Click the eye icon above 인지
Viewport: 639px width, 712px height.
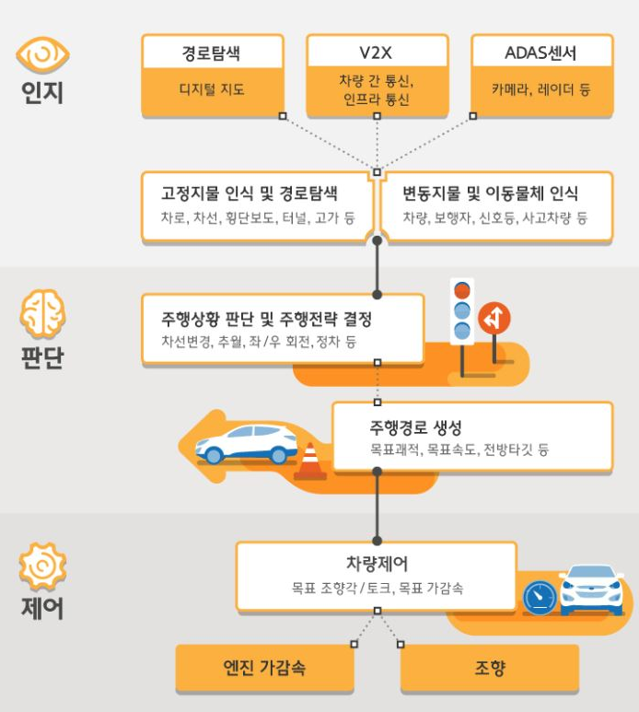[x=42, y=55]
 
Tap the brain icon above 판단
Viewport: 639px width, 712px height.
[x=42, y=314]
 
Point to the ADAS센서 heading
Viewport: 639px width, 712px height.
[x=541, y=53]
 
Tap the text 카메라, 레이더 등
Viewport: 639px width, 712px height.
[x=541, y=90]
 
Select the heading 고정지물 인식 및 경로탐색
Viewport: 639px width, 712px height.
[x=250, y=194]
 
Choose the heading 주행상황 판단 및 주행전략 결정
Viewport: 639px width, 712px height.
[x=266, y=320]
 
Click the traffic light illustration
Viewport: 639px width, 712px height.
[x=462, y=311]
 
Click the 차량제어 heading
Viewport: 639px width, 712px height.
[x=376, y=564]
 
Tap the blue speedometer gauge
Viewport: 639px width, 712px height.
[x=539, y=598]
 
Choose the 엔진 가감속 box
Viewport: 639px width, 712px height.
[x=264, y=668]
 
